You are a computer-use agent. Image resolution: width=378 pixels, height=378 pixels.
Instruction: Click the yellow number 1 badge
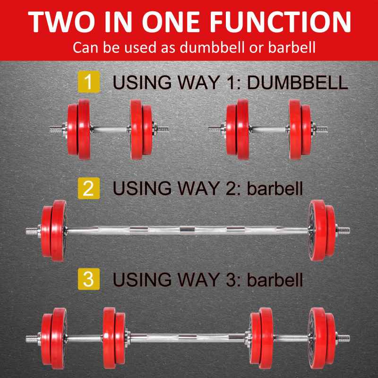pos(88,82)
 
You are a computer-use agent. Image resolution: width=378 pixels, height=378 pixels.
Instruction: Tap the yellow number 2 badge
pos(88,189)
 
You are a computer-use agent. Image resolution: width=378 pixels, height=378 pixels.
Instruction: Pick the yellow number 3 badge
pos(88,279)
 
